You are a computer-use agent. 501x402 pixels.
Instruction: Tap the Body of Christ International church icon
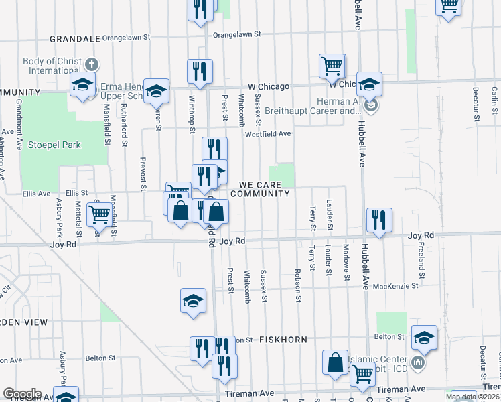pos(92,65)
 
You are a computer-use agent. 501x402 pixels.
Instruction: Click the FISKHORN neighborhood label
pos(284,340)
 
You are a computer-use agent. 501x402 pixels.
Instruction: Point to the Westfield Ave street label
pos(267,133)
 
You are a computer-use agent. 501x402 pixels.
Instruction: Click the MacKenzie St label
pos(396,285)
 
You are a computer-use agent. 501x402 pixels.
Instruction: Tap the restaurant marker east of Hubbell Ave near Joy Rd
pos(379,219)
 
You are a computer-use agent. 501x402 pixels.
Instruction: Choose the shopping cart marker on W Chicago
pos(332,66)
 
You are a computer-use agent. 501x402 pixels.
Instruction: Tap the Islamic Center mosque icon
pos(419,362)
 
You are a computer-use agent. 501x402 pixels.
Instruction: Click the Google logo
pos(21,394)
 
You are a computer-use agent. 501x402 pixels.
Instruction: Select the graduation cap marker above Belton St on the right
pos(424,337)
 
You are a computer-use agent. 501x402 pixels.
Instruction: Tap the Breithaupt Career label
pos(309,111)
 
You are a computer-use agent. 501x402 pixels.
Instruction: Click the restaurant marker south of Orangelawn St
pos(200,71)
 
